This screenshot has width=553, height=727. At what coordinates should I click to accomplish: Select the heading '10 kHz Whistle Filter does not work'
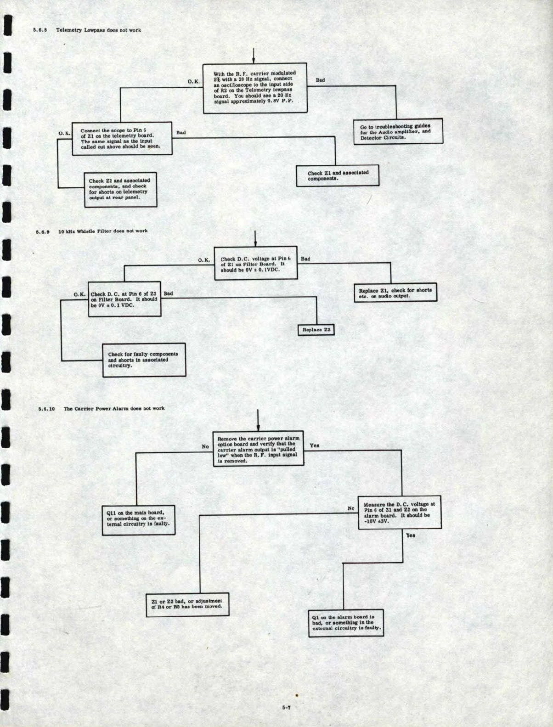coord(103,231)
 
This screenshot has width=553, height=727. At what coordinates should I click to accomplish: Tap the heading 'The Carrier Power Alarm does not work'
coord(114,408)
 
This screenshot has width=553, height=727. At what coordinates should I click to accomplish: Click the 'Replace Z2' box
coord(316,330)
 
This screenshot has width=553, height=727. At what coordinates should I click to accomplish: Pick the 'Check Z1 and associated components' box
coord(338,175)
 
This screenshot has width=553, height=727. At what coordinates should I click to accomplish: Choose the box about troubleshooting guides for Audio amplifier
coord(398,132)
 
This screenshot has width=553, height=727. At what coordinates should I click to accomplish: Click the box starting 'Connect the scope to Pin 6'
coord(122,139)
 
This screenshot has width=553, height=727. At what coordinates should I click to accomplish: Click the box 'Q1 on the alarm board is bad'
coord(346,623)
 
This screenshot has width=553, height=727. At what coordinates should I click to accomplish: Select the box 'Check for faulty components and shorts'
coord(144,360)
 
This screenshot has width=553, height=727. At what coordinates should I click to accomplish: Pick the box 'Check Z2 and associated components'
coord(120,189)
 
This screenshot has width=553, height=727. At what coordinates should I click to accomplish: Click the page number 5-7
coord(286,708)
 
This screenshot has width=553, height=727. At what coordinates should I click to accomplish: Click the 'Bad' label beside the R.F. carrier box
coord(320,80)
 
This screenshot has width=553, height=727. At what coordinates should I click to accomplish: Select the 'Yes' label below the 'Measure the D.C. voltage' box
coord(410,535)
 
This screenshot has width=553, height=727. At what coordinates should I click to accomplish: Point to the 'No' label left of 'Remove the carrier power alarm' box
coord(205,446)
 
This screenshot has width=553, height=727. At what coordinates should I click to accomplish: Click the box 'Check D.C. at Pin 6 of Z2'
coord(124,299)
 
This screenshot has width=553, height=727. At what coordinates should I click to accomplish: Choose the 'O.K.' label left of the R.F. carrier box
coord(194,81)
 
